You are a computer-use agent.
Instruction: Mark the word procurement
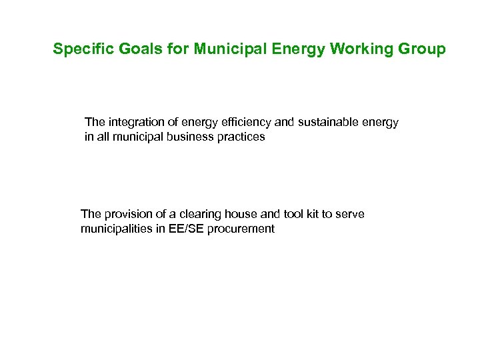(x=241, y=229)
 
